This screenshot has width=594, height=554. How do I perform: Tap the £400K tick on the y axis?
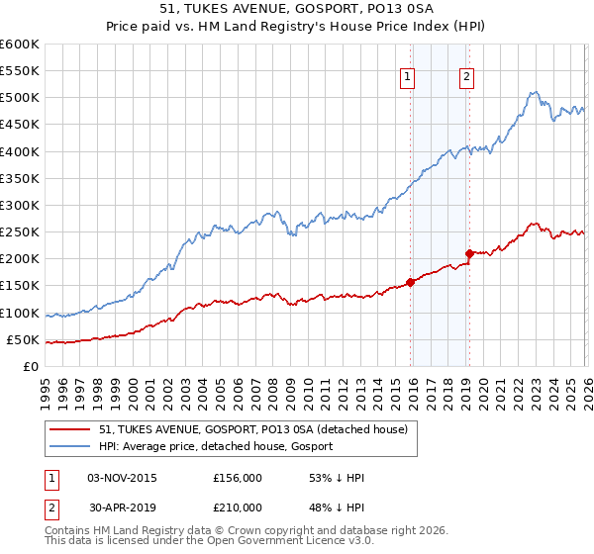(x=20, y=151)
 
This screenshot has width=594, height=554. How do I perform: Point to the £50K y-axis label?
(x=23, y=340)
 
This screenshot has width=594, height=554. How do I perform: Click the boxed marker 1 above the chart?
(x=408, y=78)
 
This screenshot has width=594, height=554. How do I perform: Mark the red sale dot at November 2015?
(x=410, y=282)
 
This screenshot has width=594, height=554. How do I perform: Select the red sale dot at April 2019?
(x=470, y=253)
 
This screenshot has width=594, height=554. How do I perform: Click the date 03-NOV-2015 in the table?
(x=122, y=478)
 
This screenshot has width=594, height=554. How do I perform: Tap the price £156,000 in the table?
(x=238, y=478)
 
